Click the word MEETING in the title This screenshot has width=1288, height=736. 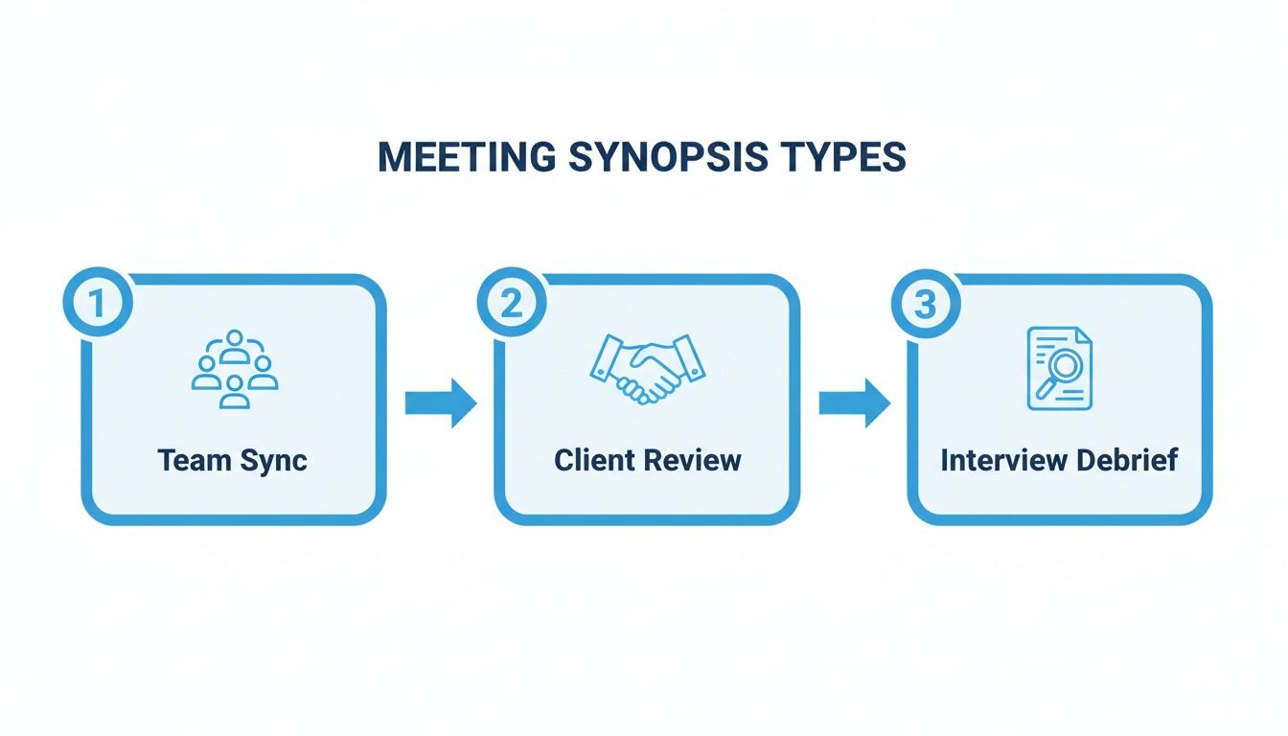460,157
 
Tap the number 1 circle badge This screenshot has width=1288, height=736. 96,303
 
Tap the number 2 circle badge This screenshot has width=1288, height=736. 511,303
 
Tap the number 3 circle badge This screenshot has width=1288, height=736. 925,303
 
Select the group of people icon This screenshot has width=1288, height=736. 234,370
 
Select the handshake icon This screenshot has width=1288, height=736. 647,369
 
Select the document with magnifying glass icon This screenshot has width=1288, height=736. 1059,369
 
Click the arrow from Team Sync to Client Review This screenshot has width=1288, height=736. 440,402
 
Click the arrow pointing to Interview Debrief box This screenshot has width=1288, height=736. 854,402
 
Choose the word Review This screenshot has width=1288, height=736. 692,460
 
